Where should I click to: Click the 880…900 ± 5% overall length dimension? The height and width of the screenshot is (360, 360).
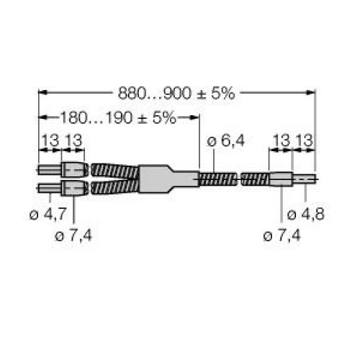[176, 93]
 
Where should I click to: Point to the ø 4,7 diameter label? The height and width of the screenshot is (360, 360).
[51, 214]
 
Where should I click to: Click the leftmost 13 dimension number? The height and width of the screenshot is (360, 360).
[49, 142]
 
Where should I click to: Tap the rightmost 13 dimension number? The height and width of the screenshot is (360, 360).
[303, 142]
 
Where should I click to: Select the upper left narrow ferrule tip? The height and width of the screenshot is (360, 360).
[49, 171]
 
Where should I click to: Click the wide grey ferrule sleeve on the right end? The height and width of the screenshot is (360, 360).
[280, 179]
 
